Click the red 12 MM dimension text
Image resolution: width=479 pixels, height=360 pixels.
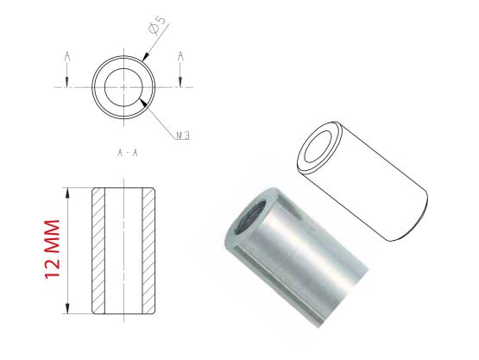click(x=53, y=249)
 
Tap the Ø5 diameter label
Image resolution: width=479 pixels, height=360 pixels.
click(x=157, y=25)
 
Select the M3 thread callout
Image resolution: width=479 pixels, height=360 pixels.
click(x=184, y=136)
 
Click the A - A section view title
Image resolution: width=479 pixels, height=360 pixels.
click(x=128, y=153)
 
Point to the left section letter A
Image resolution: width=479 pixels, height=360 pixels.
click(x=67, y=56)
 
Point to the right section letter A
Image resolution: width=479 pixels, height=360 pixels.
click(x=181, y=56)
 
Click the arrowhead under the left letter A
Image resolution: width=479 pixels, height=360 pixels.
click(x=67, y=81)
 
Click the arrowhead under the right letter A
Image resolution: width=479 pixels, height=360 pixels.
click(x=180, y=81)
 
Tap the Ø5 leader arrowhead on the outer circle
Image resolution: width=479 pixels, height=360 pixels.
click(x=145, y=57)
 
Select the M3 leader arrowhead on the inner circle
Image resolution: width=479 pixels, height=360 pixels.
click(x=143, y=103)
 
